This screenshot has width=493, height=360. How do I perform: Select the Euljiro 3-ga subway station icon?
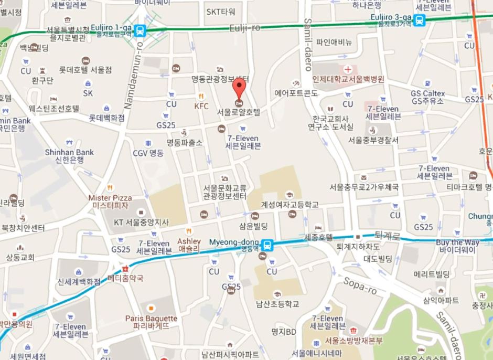pyautogui.click(x=419, y=20)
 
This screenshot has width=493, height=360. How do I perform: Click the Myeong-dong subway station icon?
pyautogui.click(x=268, y=244)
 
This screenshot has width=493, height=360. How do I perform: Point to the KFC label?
pyautogui.click(x=201, y=106)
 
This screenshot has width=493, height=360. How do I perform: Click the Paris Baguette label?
pyautogui.click(x=151, y=319)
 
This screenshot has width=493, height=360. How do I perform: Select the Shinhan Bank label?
pyautogui.click(x=69, y=152)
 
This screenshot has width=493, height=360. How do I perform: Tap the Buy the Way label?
pyautogui.click(x=457, y=242)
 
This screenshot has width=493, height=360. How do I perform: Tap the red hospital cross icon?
pyautogui.click(x=347, y=69)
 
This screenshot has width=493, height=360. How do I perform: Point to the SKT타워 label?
pyautogui.click(x=221, y=11)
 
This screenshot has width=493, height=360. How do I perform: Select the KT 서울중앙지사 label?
pyautogui.click(x=141, y=223)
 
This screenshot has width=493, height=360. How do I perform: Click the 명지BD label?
pyautogui.click(x=284, y=332)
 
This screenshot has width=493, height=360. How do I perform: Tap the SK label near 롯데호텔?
pyautogui.click(x=88, y=93)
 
